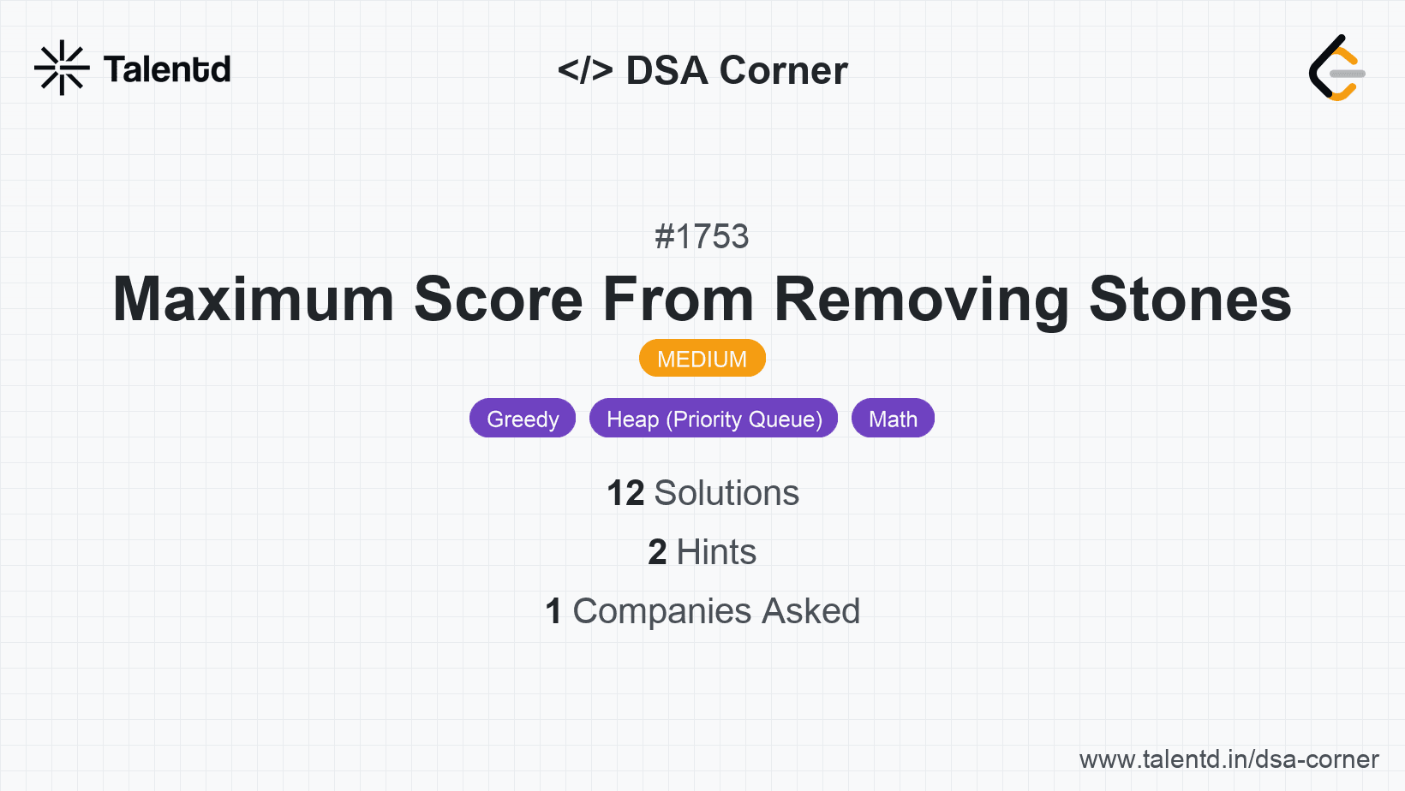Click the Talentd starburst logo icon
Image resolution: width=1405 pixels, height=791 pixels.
(62, 68)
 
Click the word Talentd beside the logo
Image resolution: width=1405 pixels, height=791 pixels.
(167, 69)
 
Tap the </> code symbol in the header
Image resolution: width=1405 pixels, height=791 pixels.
(585, 69)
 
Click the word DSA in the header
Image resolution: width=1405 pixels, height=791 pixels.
(667, 70)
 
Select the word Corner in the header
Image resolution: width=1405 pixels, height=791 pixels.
(784, 70)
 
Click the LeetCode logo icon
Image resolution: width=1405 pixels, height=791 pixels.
(1336, 68)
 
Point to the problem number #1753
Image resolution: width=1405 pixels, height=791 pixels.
(702, 237)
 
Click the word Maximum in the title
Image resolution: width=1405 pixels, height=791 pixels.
(254, 299)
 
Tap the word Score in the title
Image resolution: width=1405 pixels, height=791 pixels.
(499, 299)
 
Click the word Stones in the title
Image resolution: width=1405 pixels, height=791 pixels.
(1191, 299)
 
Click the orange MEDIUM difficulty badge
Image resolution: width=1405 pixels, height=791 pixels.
(702, 359)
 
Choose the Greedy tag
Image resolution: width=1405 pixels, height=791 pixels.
(523, 418)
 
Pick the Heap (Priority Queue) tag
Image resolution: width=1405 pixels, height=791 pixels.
(714, 418)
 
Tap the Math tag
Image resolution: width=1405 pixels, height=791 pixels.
(893, 418)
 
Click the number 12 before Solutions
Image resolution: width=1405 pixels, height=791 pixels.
(625, 493)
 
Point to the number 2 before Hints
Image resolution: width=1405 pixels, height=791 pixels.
(657, 552)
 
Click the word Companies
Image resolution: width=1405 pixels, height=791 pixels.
(662, 612)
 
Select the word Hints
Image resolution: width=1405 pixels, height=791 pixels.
(716, 552)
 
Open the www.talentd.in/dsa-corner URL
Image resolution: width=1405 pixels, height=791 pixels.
(1229, 759)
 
